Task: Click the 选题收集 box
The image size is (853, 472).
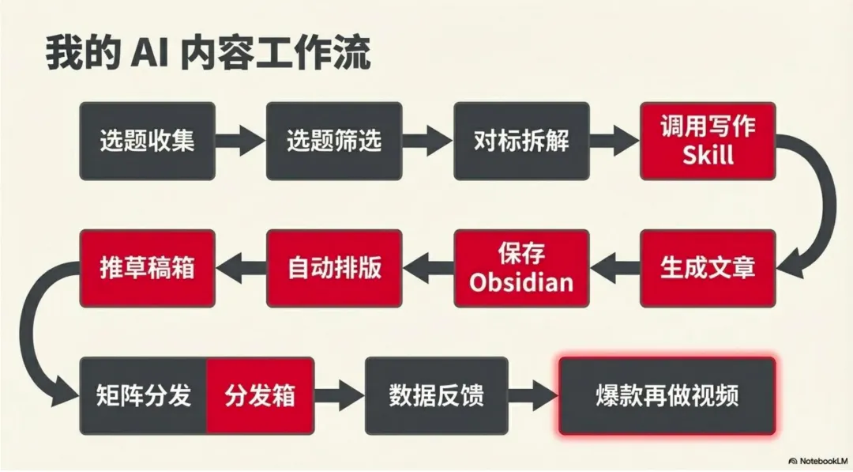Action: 147,141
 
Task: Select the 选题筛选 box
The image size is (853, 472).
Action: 334,141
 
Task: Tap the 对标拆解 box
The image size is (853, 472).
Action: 521,141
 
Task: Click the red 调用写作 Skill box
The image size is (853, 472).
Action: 708,141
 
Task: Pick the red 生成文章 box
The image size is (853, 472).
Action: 708,268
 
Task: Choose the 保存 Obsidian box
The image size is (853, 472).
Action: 521,268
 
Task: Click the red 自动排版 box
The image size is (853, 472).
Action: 334,268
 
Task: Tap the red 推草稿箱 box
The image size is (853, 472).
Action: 147,268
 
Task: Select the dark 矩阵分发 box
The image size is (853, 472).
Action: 144,395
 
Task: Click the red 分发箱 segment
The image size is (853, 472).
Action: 260,395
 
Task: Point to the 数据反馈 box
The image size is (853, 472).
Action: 437,395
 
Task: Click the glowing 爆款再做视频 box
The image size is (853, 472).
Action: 667,395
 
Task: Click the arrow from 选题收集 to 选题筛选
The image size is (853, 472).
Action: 240,142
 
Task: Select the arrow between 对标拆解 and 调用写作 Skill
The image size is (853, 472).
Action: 614,142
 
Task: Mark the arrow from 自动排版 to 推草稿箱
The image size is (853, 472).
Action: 241,268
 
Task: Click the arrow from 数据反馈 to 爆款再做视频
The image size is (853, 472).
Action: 533,395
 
